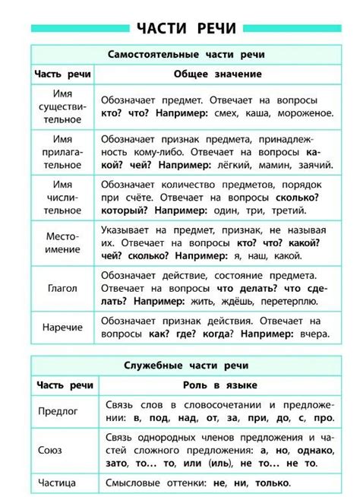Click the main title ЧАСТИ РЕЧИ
(x=186, y=29)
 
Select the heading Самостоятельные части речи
(x=185, y=55)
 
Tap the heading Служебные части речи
(x=185, y=366)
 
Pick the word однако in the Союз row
(x=310, y=449)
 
